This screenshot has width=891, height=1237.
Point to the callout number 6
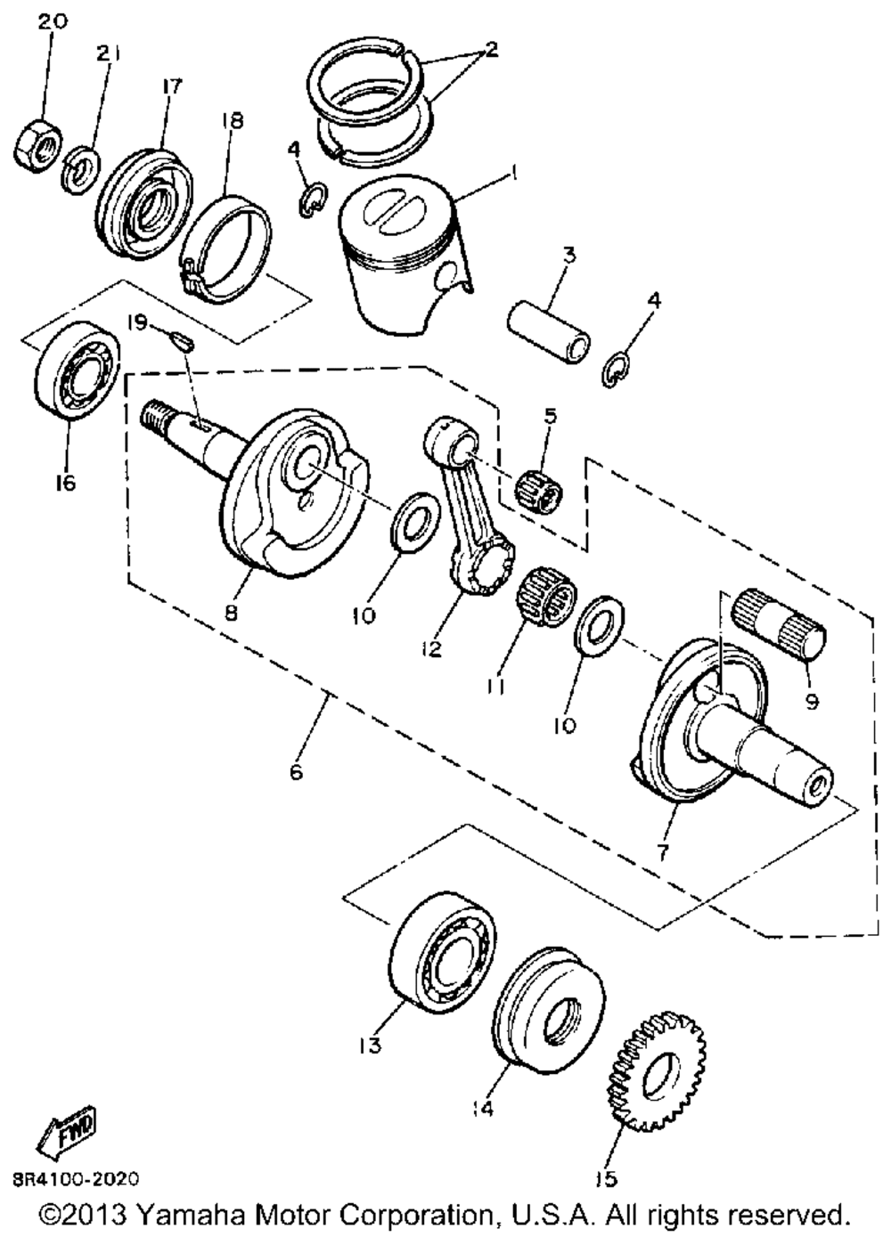coord(297,770)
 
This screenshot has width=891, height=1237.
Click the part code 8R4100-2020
coord(76,1180)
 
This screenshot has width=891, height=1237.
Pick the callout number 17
coord(171,86)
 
